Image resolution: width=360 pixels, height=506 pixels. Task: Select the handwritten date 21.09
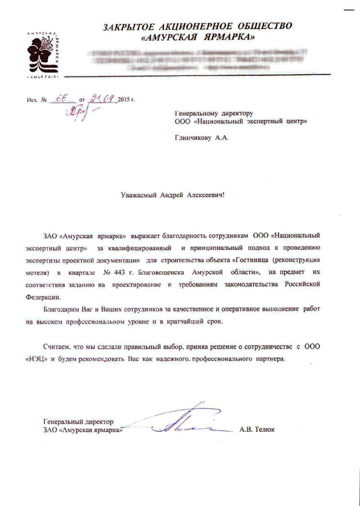pos(101,99)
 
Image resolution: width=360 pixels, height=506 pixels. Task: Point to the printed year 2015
pos(123,100)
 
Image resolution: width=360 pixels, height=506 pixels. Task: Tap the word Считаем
pos(59,346)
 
